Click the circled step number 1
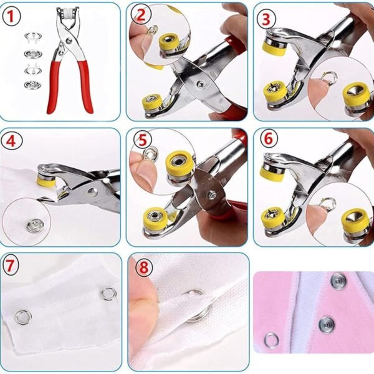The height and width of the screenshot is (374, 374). [x=11, y=16]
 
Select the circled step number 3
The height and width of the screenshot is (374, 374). [x=266, y=19]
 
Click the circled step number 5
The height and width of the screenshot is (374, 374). [x=142, y=140]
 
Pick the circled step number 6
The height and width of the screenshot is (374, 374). [x=269, y=139]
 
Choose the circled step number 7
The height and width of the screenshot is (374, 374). [x=10, y=266]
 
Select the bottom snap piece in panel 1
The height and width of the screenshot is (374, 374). [x=32, y=84]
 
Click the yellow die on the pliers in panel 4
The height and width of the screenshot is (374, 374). [x=46, y=181]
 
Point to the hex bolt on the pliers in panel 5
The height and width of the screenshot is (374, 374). [x=212, y=195]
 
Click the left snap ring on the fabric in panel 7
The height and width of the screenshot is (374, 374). [x=23, y=317]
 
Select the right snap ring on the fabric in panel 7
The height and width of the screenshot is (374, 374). [x=108, y=294]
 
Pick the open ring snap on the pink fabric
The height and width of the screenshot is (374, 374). [x=271, y=340]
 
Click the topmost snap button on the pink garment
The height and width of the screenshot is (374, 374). [x=338, y=282]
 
